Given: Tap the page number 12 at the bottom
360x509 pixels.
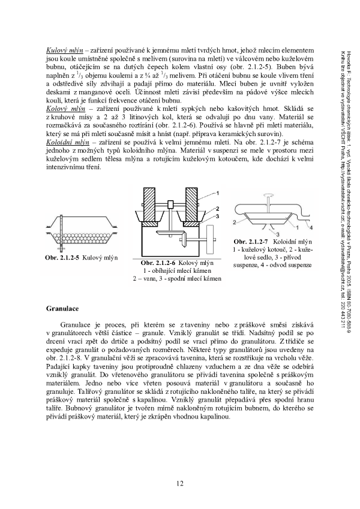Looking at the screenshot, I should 180,483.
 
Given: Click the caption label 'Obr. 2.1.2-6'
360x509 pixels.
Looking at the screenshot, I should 158,263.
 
